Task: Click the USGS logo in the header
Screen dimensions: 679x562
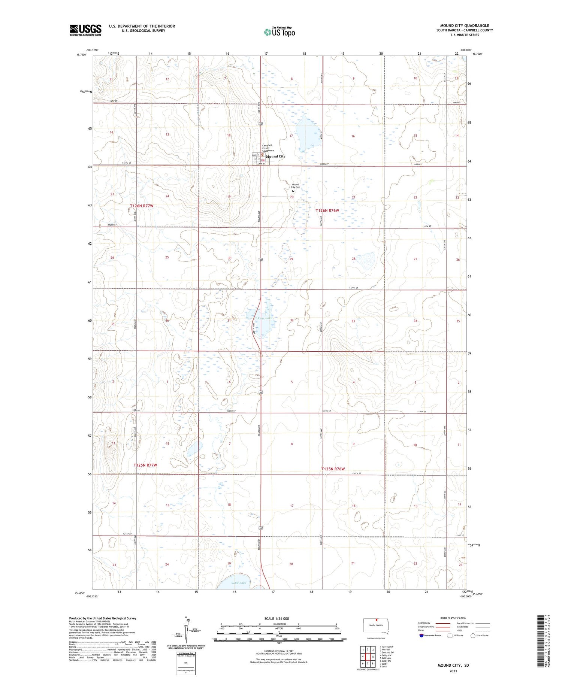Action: [x=85, y=30]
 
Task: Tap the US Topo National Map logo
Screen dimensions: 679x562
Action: [x=280, y=32]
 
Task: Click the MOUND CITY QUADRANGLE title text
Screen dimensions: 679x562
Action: [x=465, y=25]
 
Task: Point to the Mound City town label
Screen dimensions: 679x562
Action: [x=275, y=157]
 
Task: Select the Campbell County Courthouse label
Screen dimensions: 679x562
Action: [x=268, y=148]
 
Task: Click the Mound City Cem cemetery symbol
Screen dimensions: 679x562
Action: [x=293, y=191]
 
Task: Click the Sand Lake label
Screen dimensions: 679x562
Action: [x=239, y=583]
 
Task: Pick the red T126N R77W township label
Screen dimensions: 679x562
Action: [x=142, y=206]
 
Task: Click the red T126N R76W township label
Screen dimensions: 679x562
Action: [x=327, y=210]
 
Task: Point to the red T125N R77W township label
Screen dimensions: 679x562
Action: [x=145, y=465]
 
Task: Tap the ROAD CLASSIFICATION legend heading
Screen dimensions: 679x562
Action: [x=453, y=618]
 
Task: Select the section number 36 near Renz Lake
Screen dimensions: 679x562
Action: [x=167, y=321]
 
